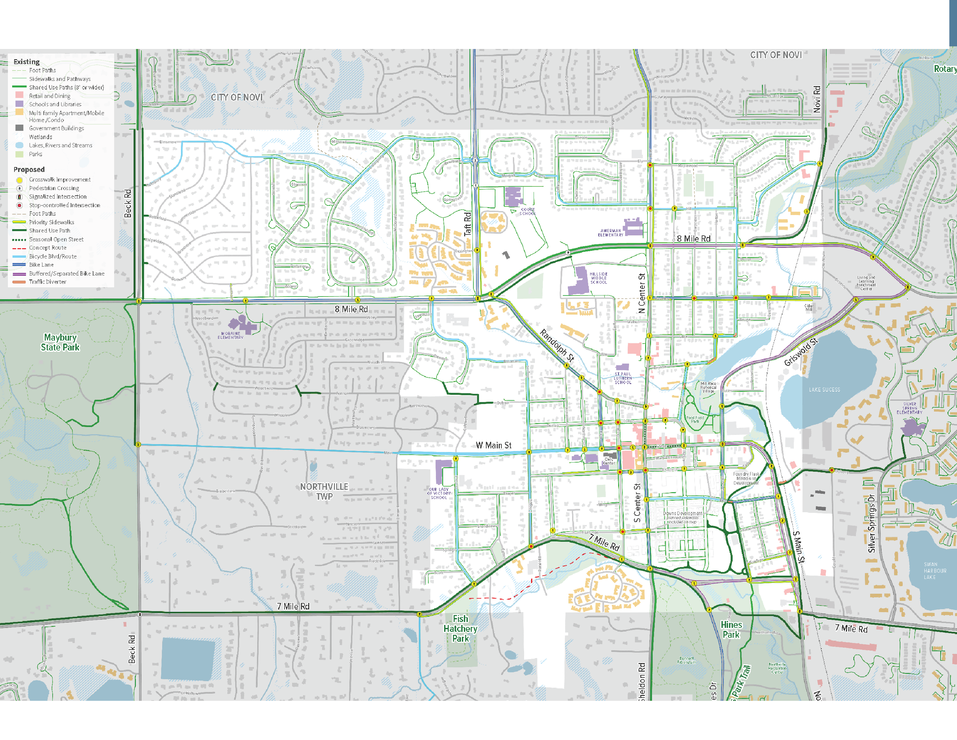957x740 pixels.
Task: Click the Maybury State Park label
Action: [60, 343]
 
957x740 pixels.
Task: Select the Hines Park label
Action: [731, 630]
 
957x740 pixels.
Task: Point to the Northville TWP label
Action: [324, 491]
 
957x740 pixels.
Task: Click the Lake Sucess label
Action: [824, 390]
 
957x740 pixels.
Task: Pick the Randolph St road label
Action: [557, 345]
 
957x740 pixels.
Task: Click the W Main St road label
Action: [493, 445]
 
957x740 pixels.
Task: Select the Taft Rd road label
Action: [467, 224]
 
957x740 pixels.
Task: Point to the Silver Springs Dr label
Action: [871, 523]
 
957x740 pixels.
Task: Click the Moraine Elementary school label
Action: [231, 335]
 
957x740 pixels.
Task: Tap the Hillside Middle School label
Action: [598, 278]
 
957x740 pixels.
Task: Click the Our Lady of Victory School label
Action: [439, 493]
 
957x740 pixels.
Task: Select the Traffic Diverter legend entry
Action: [48, 281]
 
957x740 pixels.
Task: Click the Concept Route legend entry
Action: [48, 248]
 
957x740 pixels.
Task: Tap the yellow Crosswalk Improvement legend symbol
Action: [19, 179]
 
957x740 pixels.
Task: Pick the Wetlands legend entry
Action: [40, 137]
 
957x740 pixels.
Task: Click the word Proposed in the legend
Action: [29, 169]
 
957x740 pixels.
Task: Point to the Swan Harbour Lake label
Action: [935, 571]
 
